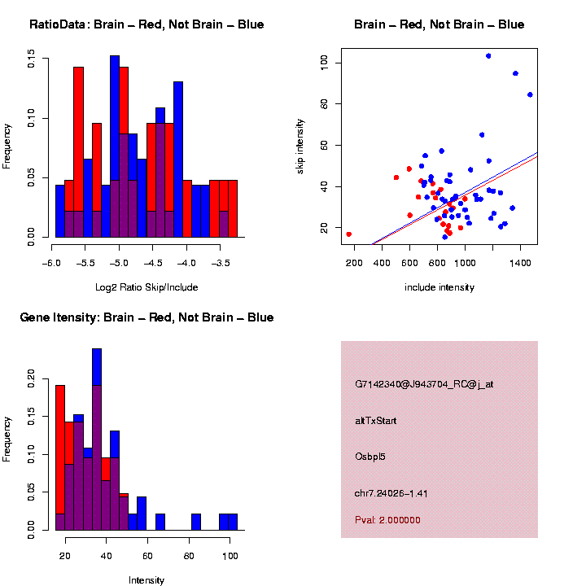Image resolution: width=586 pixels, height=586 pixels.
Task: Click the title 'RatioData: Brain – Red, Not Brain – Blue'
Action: tap(146, 25)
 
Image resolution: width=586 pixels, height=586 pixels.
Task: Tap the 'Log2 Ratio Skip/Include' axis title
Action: tap(146, 287)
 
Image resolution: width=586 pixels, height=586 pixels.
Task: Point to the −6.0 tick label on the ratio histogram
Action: tap(53, 264)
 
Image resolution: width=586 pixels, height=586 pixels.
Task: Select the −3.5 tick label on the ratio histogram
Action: tap(220, 264)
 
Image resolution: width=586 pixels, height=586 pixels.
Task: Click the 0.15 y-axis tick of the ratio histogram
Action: tap(31, 59)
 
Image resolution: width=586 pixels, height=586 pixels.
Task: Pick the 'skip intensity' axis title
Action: tap(302, 146)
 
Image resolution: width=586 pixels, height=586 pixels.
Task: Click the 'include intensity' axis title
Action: tap(439, 287)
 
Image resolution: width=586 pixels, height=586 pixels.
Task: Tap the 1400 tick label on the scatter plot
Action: tap(520, 264)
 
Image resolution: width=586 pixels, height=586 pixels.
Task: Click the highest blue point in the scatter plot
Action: tap(488, 56)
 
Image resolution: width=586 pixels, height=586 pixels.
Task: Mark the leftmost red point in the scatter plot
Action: tap(349, 234)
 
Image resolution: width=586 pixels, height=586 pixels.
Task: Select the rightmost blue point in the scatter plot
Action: tap(530, 94)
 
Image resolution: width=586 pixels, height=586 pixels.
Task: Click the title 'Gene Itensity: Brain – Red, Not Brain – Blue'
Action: tap(146, 317)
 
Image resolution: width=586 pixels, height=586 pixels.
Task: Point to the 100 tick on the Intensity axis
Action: tap(230, 557)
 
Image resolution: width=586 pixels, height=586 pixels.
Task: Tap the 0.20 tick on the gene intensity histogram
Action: tap(31, 378)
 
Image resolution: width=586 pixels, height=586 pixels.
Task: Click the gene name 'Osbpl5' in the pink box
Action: tap(370, 457)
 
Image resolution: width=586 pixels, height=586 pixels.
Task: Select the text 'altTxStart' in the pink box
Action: tap(376, 421)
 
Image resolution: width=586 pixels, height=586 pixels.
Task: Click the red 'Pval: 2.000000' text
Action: tap(387, 519)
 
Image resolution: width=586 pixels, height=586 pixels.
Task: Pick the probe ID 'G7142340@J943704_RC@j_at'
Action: tap(424, 384)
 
